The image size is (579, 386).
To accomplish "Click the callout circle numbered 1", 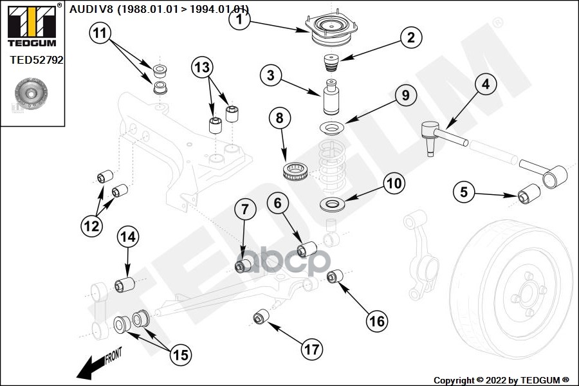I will pyautogui.click(x=239, y=20).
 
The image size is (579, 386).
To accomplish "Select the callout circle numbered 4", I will pyautogui.click(x=486, y=84).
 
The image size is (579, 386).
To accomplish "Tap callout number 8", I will pyautogui.click(x=279, y=118).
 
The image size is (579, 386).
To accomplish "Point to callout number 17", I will pyautogui.click(x=311, y=349).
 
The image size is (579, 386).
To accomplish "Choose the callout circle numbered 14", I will pyautogui.click(x=127, y=237).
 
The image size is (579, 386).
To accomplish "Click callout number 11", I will pyautogui.click(x=100, y=33).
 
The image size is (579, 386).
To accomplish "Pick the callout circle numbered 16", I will pyautogui.click(x=377, y=319).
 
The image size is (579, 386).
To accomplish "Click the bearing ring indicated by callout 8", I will pyautogui.click(x=298, y=172).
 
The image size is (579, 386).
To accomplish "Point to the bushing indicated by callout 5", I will pyautogui.click(x=529, y=192).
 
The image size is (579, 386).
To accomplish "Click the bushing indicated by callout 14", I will pyautogui.click(x=124, y=284).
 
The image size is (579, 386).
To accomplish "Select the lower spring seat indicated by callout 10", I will pyautogui.click(x=333, y=206).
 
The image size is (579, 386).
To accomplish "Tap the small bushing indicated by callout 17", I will pyautogui.click(x=260, y=317).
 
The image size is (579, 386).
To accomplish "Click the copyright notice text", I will pyautogui.click(x=501, y=380).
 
